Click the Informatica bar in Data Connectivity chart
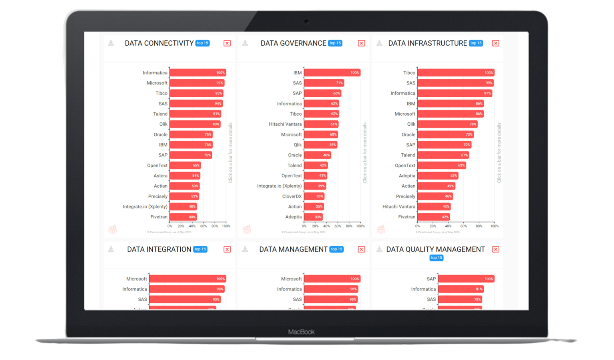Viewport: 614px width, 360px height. click(x=198, y=73)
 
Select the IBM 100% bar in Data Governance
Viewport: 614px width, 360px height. click(x=332, y=73)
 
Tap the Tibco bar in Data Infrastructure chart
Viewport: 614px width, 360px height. click(x=456, y=73)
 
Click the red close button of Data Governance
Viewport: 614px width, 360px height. click(x=361, y=43)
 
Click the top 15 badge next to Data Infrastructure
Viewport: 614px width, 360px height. click(x=476, y=43)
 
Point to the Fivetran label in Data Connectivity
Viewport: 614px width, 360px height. click(x=159, y=217)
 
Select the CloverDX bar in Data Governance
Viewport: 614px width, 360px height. click(x=314, y=196)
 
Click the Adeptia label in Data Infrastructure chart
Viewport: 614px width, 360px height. click(x=407, y=176)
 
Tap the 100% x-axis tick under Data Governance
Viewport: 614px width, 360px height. click(x=360, y=226)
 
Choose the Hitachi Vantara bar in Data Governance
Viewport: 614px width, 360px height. click(x=321, y=124)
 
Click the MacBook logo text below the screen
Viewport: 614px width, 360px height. click(x=301, y=332)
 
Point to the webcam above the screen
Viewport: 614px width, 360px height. click(x=307, y=22)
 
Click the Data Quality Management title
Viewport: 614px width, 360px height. click(x=435, y=250)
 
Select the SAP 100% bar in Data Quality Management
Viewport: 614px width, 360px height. click(x=466, y=279)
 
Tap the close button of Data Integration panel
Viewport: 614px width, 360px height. click(x=227, y=250)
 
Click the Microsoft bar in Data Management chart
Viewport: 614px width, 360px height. click(x=332, y=279)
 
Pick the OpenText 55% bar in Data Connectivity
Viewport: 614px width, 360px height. click(x=185, y=165)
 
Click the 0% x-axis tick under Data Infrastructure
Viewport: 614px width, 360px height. click(x=417, y=226)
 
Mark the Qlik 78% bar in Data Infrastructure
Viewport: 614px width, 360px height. click(x=447, y=124)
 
